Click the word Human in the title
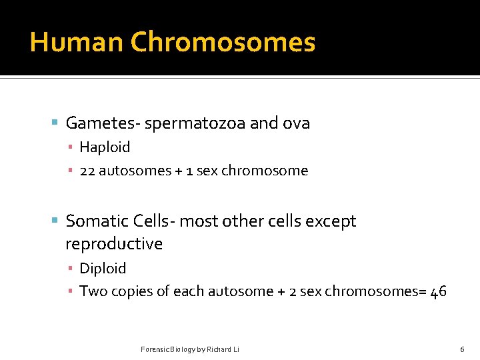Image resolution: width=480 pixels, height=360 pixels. [77, 42]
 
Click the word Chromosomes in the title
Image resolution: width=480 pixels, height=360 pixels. [223, 42]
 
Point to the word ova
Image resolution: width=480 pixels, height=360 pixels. [295, 123]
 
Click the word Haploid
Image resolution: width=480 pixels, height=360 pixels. [105, 147]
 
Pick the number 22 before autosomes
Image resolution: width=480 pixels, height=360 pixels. [88, 171]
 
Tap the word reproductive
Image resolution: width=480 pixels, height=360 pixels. [114, 244]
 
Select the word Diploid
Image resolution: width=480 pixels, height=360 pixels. [103, 269]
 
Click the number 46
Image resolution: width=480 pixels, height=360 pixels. [438, 291]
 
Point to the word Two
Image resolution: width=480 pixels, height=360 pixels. [91, 291]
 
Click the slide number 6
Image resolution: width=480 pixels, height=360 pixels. [462, 349]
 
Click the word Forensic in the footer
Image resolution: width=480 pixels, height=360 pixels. [155, 349]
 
